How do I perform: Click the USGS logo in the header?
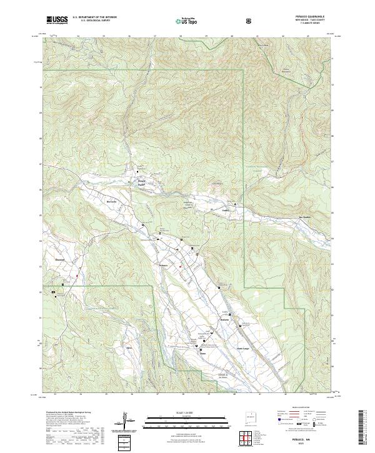(57, 21)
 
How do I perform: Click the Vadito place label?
(226, 211)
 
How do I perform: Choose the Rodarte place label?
(225, 319)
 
